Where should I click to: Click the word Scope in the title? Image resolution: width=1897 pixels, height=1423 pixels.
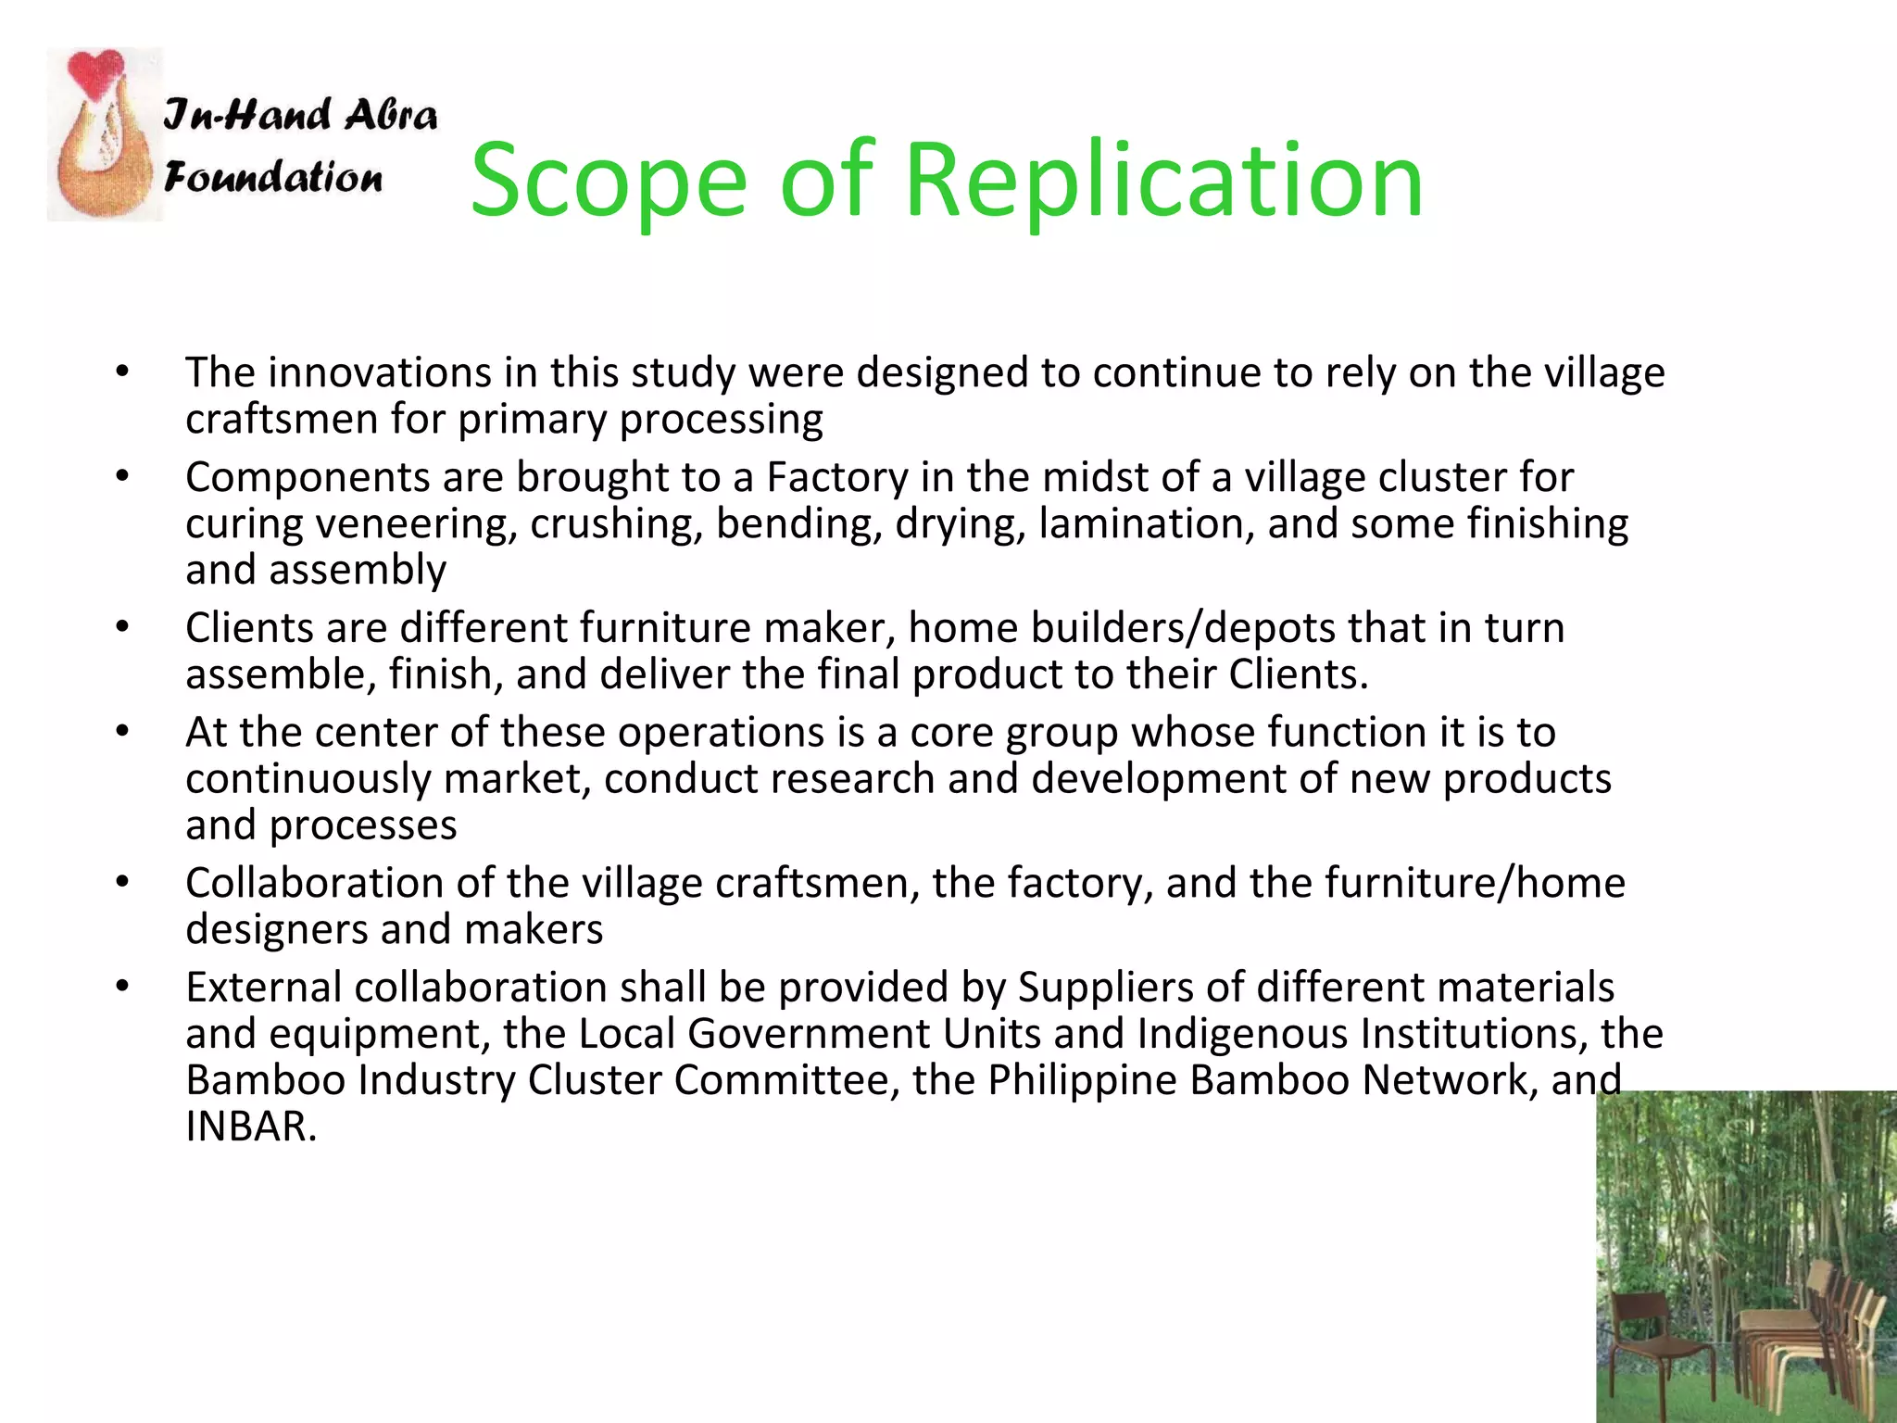608,181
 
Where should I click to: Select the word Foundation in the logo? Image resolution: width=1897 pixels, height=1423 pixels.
273,176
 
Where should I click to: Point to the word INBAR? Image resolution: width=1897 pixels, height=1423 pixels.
250,1126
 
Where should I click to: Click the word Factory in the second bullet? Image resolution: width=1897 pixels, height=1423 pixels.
837,477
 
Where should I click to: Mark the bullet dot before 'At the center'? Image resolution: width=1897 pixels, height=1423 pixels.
122,732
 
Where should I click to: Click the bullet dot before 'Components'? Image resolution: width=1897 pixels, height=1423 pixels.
122,477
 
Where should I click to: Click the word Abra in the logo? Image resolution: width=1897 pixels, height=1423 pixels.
390,115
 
